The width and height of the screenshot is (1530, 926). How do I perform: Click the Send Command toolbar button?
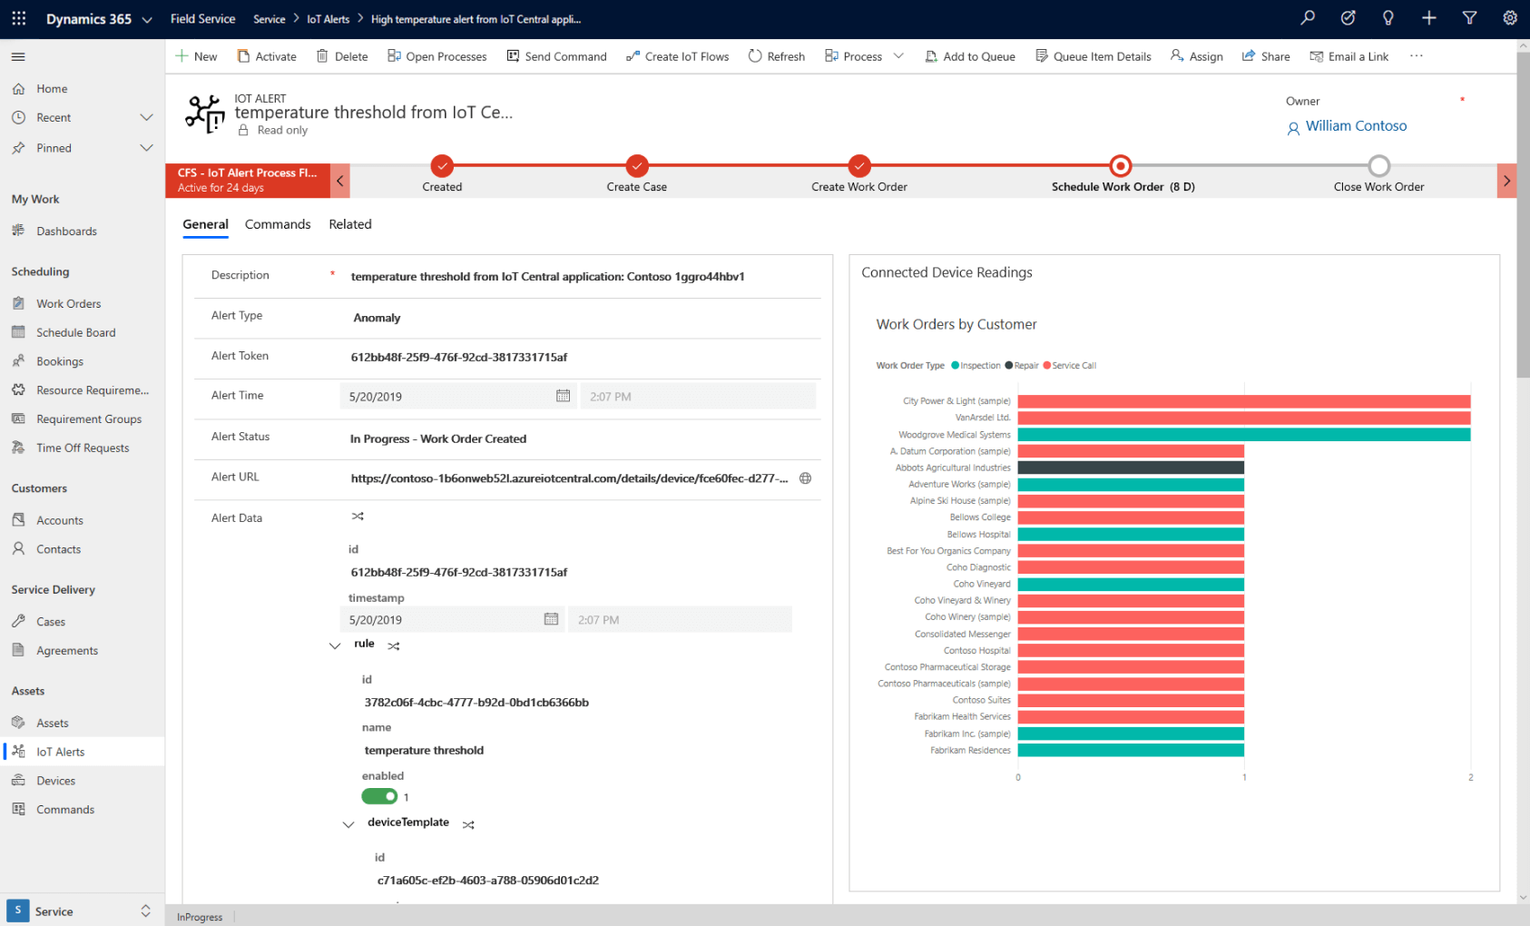[x=556, y=56]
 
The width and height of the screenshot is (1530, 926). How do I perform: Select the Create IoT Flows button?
[x=677, y=56]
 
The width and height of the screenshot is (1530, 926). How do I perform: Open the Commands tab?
[x=278, y=224]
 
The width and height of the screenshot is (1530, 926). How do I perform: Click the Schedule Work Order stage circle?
[x=1121, y=166]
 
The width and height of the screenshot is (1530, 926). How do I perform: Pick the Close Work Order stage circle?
[x=1378, y=166]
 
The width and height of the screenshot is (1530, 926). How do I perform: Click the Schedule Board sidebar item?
[x=76, y=332]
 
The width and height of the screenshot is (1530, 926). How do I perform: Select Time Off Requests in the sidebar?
[x=83, y=448]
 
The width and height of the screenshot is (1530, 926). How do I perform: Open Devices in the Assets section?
[x=55, y=781]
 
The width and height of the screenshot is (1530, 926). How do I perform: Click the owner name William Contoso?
[x=1356, y=126]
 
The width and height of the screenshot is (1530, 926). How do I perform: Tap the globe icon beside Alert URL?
[x=805, y=478]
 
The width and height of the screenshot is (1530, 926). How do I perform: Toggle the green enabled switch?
[x=379, y=796]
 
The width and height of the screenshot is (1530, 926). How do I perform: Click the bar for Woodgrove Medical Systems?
[x=1243, y=435]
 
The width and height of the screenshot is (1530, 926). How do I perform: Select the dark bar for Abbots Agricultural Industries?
[x=1130, y=468]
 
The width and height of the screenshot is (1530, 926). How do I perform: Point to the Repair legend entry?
[x=1025, y=366]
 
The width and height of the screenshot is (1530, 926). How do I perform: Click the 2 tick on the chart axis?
[x=1470, y=777]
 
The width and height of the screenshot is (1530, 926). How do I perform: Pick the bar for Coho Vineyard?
[x=1130, y=584]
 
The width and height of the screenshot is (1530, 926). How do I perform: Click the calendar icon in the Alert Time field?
[x=563, y=396]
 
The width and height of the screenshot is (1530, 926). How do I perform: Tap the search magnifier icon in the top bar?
[x=1308, y=18]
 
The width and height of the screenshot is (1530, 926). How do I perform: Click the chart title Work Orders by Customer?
[x=956, y=324]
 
